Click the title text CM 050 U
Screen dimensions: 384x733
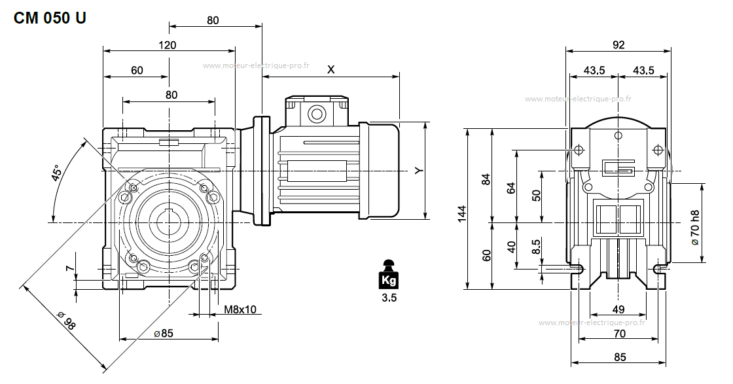point(50,18)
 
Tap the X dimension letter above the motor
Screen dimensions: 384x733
point(331,69)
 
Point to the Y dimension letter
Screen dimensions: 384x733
point(419,170)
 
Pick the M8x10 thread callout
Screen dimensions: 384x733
point(240,309)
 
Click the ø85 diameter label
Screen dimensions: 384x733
point(164,334)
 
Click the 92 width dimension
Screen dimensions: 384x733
point(618,45)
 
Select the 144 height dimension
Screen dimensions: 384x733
point(462,213)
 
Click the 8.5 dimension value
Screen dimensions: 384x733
point(536,247)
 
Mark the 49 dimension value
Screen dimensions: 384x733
point(618,309)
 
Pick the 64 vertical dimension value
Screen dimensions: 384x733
point(511,187)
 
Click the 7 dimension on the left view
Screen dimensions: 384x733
point(69,268)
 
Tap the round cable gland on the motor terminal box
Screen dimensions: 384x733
point(317,114)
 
